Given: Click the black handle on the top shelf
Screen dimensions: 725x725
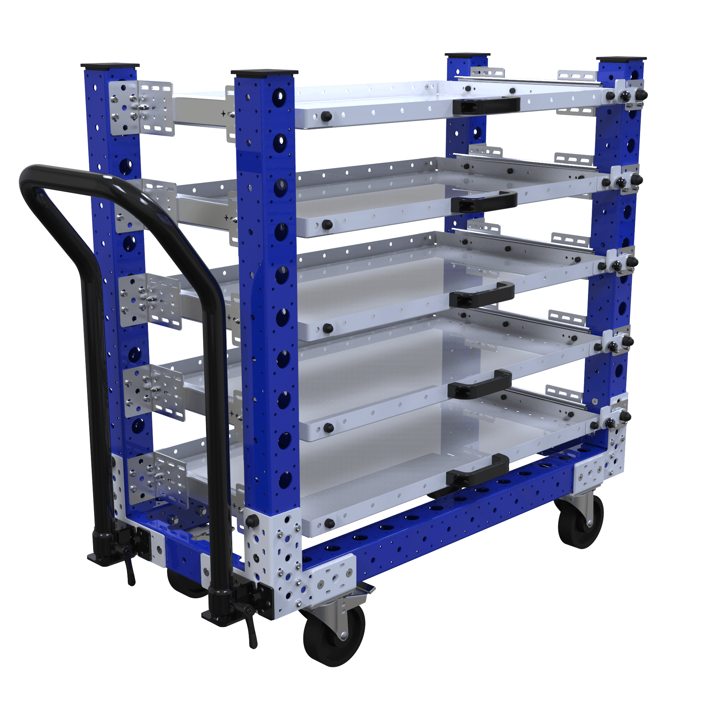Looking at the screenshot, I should click(486, 105).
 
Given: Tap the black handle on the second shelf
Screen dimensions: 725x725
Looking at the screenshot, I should click(484, 201).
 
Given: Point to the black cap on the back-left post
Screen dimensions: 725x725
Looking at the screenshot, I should click(110, 66).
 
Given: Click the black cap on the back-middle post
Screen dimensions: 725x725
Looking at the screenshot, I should click(468, 55).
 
